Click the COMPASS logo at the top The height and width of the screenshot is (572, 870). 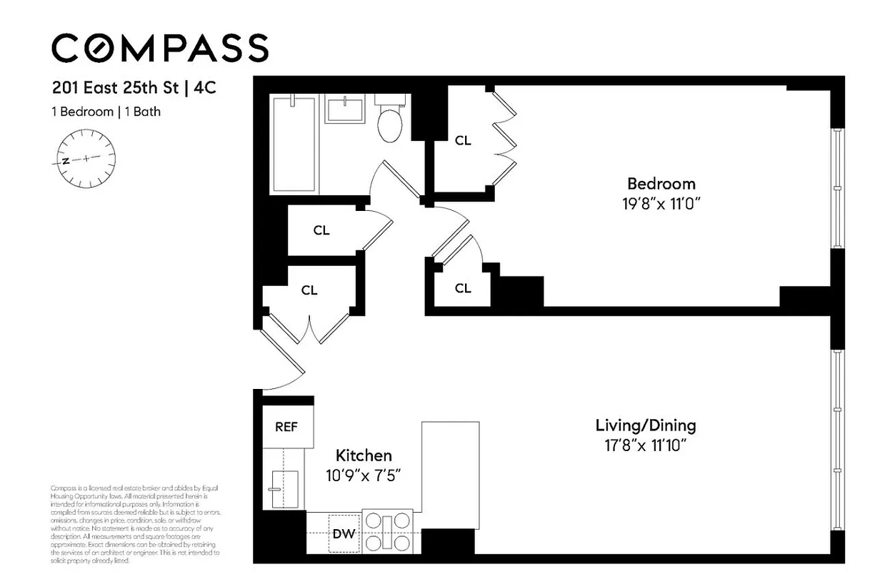pyautogui.click(x=160, y=48)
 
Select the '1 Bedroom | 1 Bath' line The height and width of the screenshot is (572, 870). pyautogui.click(x=106, y=112)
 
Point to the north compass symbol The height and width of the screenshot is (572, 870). pyautogui.click(x=86, y=159)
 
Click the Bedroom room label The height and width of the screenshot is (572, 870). pyautogui.click(x=661, y=184)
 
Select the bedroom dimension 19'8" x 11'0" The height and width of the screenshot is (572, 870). pyautogui.click(x=661, y=203)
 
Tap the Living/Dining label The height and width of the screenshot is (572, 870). pyautogui.click(x=646, y=425)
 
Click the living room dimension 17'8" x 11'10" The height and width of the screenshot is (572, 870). pyautogui.click(x=646, y=445)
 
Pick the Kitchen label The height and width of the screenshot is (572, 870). pyautogui.click(x=364, y=455)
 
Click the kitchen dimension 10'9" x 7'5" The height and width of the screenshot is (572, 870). pyautogui.click(x=364, y=475)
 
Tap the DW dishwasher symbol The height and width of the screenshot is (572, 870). pyautogui.click(x=344, y=533)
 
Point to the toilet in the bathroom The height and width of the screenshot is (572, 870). pyautogui.click(x=391, y=123)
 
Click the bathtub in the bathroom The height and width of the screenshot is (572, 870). pyautogui.click(x=294, y=144)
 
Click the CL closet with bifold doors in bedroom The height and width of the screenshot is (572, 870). pyautogui.click(x=463, y=141)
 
